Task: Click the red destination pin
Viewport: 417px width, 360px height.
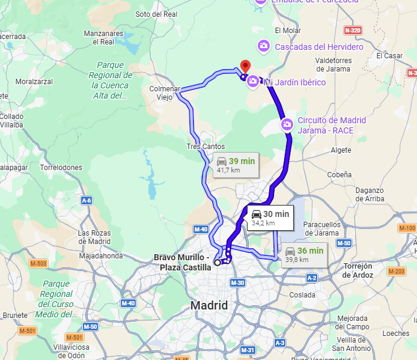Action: (245, 66)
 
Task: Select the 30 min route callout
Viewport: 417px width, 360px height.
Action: (269, 218)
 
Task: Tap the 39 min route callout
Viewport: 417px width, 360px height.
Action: (237, 165)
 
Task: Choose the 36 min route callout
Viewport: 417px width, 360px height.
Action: (304, 255)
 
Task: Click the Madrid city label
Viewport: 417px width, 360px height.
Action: (209, 306)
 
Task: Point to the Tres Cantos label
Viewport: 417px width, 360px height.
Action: (205, 147)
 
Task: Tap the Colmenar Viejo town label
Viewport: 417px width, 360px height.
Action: (165, 93)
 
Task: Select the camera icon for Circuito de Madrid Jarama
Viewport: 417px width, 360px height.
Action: (287, 124)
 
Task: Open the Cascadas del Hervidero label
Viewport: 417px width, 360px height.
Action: (319, 47)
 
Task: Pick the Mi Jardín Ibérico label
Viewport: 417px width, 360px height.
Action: (295, 82)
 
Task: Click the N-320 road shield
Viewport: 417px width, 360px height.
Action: (353, 30)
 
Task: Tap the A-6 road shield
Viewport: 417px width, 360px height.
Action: (87, 200)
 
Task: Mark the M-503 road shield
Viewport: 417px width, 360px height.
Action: (38, 263)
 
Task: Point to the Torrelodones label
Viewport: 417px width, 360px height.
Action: (61, 168)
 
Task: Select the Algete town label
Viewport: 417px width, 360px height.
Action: (341, 150)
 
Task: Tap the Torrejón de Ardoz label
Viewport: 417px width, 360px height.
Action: (358, 270)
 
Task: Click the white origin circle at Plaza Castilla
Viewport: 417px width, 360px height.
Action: (217, 262)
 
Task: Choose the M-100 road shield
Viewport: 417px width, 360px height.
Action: (407, 228)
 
